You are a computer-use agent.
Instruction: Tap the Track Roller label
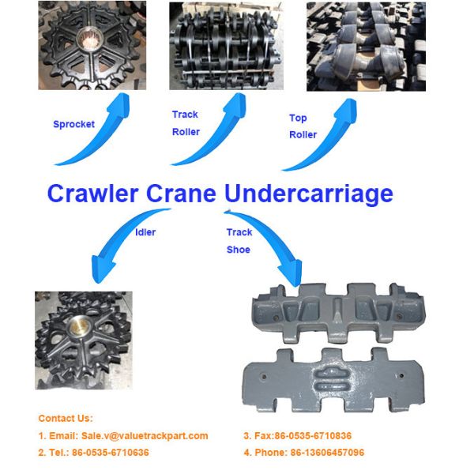coord(186,123)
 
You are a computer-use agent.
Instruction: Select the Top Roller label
coord(303,126)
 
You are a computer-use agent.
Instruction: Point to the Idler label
coord(145,232)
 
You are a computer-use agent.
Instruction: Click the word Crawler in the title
coord(91,194)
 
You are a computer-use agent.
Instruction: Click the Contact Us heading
coord(66,418)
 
